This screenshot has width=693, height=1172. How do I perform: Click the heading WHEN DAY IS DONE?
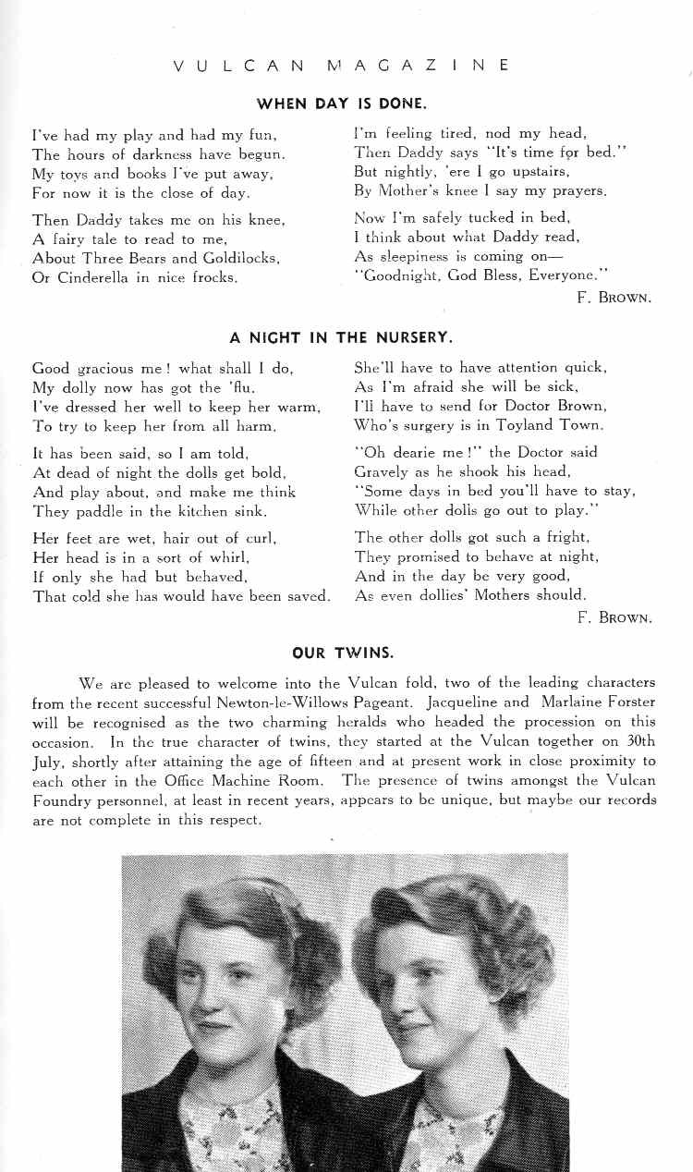(x=341, y=104)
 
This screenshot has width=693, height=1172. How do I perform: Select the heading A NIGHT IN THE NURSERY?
(x=341, y=337)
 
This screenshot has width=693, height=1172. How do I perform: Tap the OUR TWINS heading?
(x=343, y=653)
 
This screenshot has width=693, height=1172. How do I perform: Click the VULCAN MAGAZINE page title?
(x=341, y=66)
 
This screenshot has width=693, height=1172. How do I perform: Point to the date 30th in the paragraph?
(x=638, y=741)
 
